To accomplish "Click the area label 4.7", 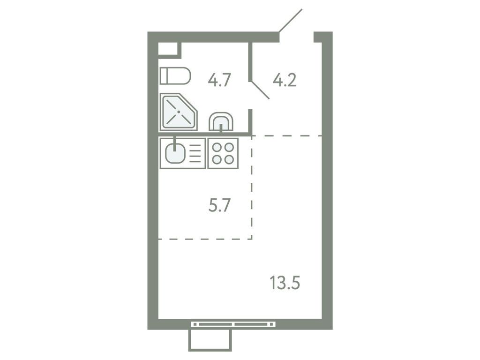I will [220, 81].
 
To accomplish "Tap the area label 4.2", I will [285, 81].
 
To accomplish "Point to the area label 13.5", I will [285, 283].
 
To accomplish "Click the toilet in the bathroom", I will [175, 75].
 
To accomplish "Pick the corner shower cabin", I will [178, 112].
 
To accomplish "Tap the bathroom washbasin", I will [221, 123].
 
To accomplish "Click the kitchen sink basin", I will [175, 154].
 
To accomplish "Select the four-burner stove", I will [223, 153].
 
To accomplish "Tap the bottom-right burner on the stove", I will [229, 159].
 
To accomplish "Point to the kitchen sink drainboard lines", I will [195, 153].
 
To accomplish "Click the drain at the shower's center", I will [178, 112].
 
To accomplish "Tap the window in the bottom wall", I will [233, 323].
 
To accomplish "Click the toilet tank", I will [164, 75].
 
